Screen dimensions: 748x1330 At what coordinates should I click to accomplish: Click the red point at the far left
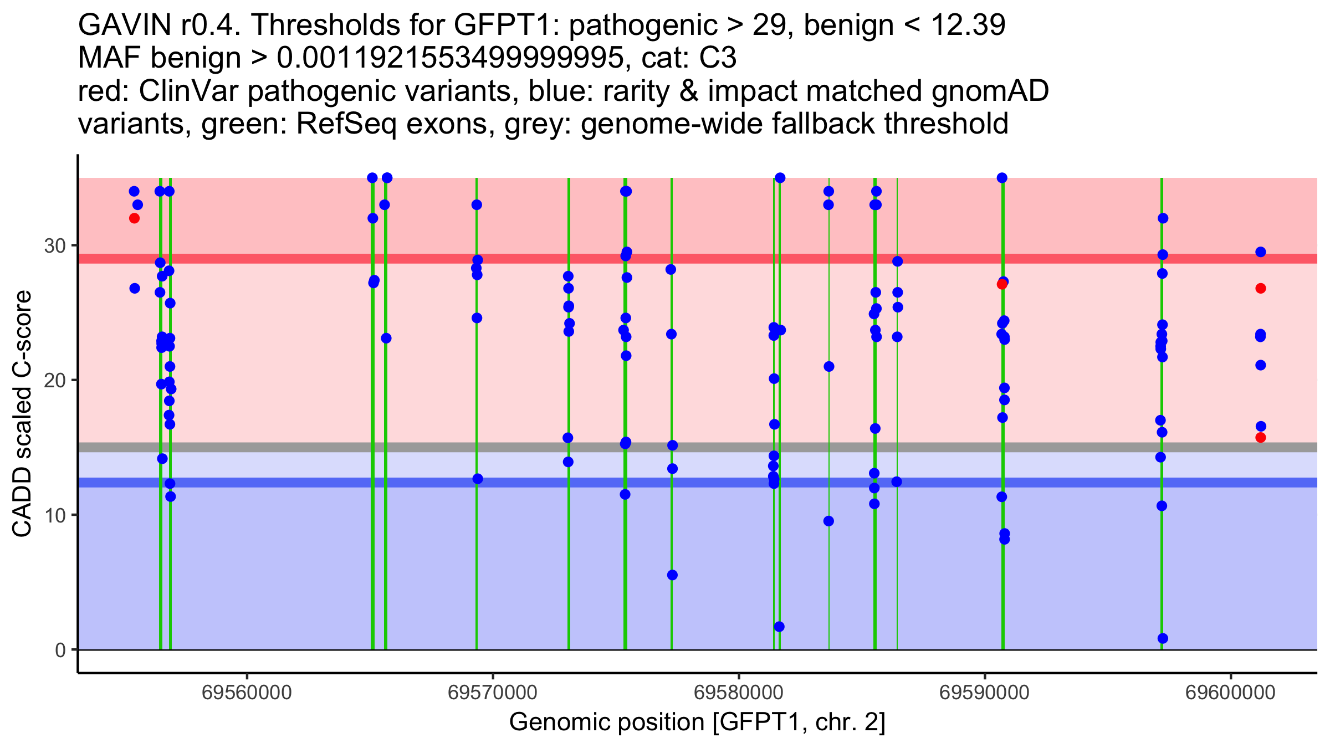[x=134, y=218]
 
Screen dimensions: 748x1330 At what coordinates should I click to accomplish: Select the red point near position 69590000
[x=1001, y=284]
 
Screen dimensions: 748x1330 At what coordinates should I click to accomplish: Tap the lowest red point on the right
[x=1261, y=438]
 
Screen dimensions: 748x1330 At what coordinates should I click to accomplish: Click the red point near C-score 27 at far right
[x=1261, y=288]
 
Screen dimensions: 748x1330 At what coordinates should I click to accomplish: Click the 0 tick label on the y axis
[x=60, y=650]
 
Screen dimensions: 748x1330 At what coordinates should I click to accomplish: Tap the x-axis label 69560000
[x=247, y=693]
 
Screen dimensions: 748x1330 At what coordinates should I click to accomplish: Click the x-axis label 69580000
[x=739, y=693]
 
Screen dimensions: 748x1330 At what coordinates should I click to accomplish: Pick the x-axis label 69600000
[x=1231, y=693]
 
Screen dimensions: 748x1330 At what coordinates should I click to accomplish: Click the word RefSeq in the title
[x=346, y=124]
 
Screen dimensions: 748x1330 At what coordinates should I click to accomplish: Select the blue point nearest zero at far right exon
[x=1163, y=638]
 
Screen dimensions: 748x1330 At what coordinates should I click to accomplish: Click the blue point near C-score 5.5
[x=672, y=575]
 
